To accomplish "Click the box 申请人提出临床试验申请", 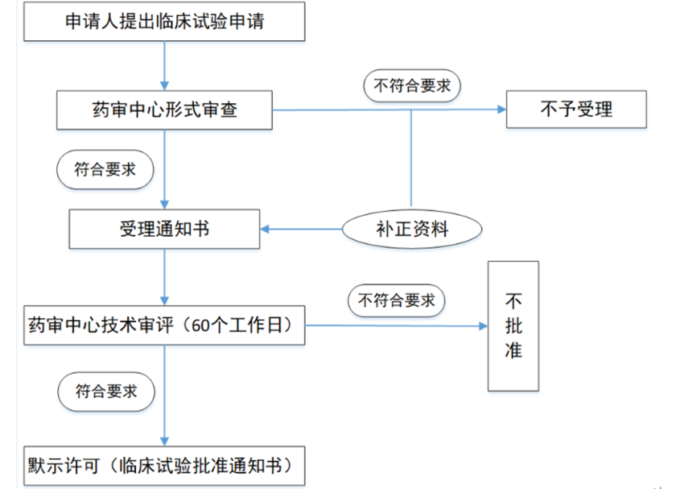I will pyautogui.click(x=164, y=23).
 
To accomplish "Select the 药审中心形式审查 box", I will pyautogui.click(x=164, y=110).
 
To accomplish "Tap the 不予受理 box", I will pyautogui.click(x=576, y=110).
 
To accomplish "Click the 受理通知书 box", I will pyautogui.click(x=164, y=229).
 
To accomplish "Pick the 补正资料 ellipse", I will pyautogui.click(x=413, y=229).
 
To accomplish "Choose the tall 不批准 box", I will pyautogui.click(x=513, y=325).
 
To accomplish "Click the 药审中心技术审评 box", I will pyautogui.click(x=164, y=326).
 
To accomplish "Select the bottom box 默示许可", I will pyautogui.click(x=164, y=466).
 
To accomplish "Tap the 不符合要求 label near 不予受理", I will pyautogui.click(x=413, y=86).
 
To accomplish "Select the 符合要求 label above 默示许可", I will pyautogui.click(x=105, y=392).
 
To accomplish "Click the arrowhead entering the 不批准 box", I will pyautogui.click(x=483, y=326).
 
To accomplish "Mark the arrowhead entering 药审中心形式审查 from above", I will pyautogui.click(x=165, y=85).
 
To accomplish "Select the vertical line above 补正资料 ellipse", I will pyautogui.click(x=412, y=161).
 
